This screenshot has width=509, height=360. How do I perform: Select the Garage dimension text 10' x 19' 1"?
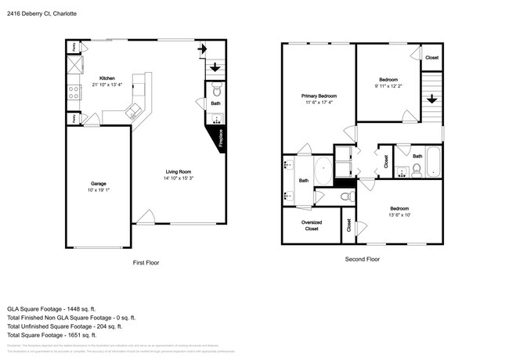pos(98,190)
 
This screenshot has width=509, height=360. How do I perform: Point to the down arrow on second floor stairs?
pos(431,99)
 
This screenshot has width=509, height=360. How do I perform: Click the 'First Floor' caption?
pos(146,263)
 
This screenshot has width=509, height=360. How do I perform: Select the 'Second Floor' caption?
pos(362,258)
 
